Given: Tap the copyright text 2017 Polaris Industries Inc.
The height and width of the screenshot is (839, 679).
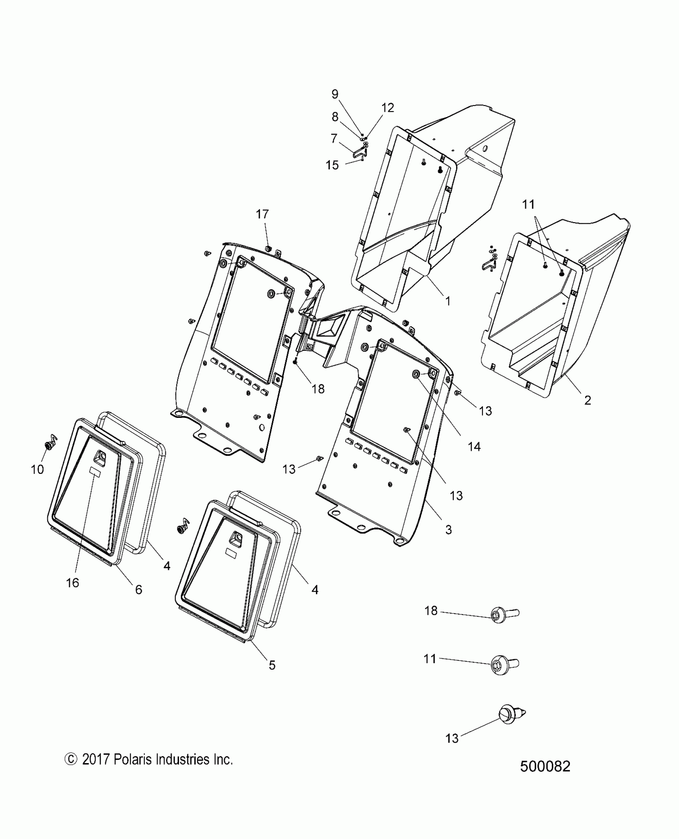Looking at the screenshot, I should [149, 759].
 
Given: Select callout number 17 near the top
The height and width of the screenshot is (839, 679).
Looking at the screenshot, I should [262, 214].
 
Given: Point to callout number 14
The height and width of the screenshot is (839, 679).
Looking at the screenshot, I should [474, 447].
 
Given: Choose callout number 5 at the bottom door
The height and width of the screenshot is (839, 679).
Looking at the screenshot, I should [272, 665].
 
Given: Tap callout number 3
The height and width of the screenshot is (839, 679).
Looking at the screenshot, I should [449, 530].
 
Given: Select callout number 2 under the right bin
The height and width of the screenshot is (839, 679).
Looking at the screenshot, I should [588, 400].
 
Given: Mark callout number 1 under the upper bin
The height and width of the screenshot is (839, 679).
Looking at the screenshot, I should [448, 301].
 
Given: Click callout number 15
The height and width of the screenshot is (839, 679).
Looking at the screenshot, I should [332, 165].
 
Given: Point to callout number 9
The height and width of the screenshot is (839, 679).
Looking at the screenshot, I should [335, 94].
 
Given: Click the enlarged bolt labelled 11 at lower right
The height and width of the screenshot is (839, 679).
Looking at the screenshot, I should [504, 666].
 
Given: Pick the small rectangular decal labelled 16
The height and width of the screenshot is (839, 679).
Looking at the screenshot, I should [95, 471].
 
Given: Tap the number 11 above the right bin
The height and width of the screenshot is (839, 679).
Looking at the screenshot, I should [528, 205].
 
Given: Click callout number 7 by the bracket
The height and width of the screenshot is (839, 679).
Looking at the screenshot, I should [334, 139].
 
